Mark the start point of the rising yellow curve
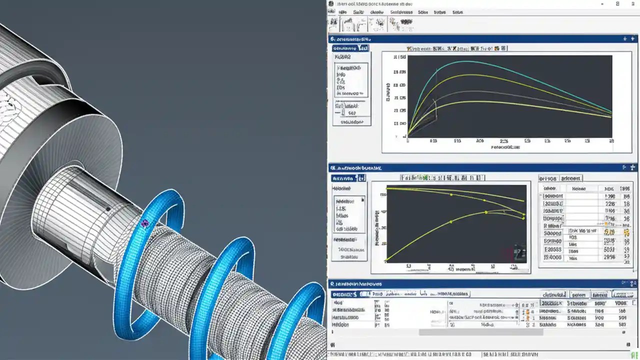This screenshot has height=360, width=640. (387, 260)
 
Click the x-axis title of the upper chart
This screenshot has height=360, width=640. (505, 147)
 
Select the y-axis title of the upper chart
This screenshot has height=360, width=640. (388, 92)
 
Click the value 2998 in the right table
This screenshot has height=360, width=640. (609, 257)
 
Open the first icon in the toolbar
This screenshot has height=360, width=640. (334, 23)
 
